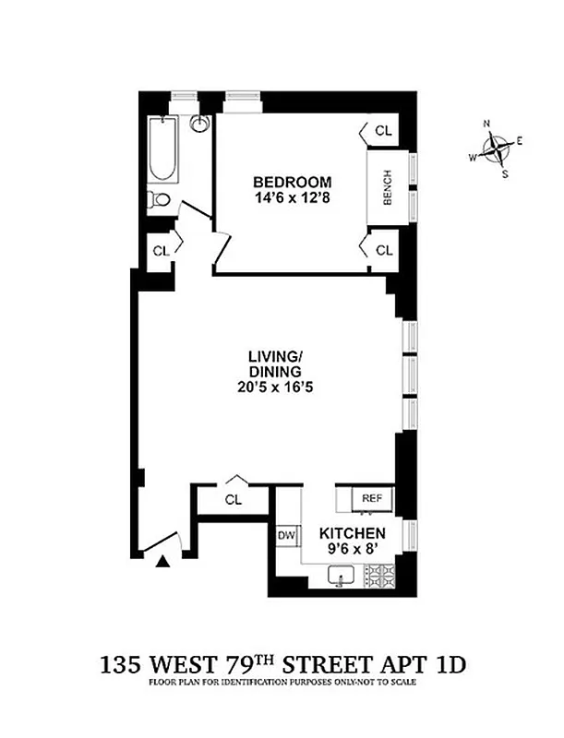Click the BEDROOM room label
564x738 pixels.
292,181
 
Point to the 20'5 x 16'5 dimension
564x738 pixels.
275,387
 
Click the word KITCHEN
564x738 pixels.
353,534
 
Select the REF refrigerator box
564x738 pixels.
371,498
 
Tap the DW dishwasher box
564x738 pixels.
286,535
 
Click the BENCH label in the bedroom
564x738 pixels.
387,188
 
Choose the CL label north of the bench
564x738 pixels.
383,132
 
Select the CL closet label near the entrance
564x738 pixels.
234,500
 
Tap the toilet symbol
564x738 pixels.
160,200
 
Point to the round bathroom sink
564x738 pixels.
199,124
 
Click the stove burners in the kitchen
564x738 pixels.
378,578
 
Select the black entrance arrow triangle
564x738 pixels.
163,560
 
